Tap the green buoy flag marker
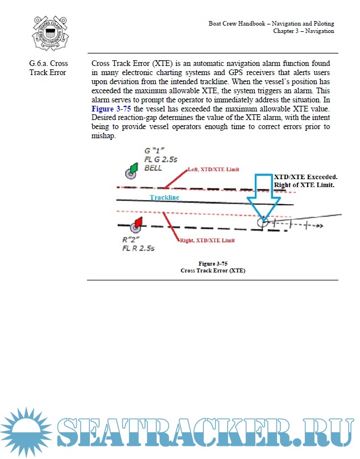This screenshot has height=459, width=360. [135, 168]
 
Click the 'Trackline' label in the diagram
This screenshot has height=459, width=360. [164, 197]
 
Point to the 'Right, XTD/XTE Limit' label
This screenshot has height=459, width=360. [207, 241]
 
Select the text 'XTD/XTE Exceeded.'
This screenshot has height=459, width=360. [305, 177]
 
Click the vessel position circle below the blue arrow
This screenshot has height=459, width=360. [263, 222]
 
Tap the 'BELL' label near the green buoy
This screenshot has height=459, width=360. [154, 168]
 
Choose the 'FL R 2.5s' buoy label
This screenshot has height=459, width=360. [138, 249]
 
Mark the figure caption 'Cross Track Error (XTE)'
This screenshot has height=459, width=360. [213, 271]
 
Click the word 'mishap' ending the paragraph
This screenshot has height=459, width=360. [105, 137]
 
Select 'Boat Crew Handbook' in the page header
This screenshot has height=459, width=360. [238, 23]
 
